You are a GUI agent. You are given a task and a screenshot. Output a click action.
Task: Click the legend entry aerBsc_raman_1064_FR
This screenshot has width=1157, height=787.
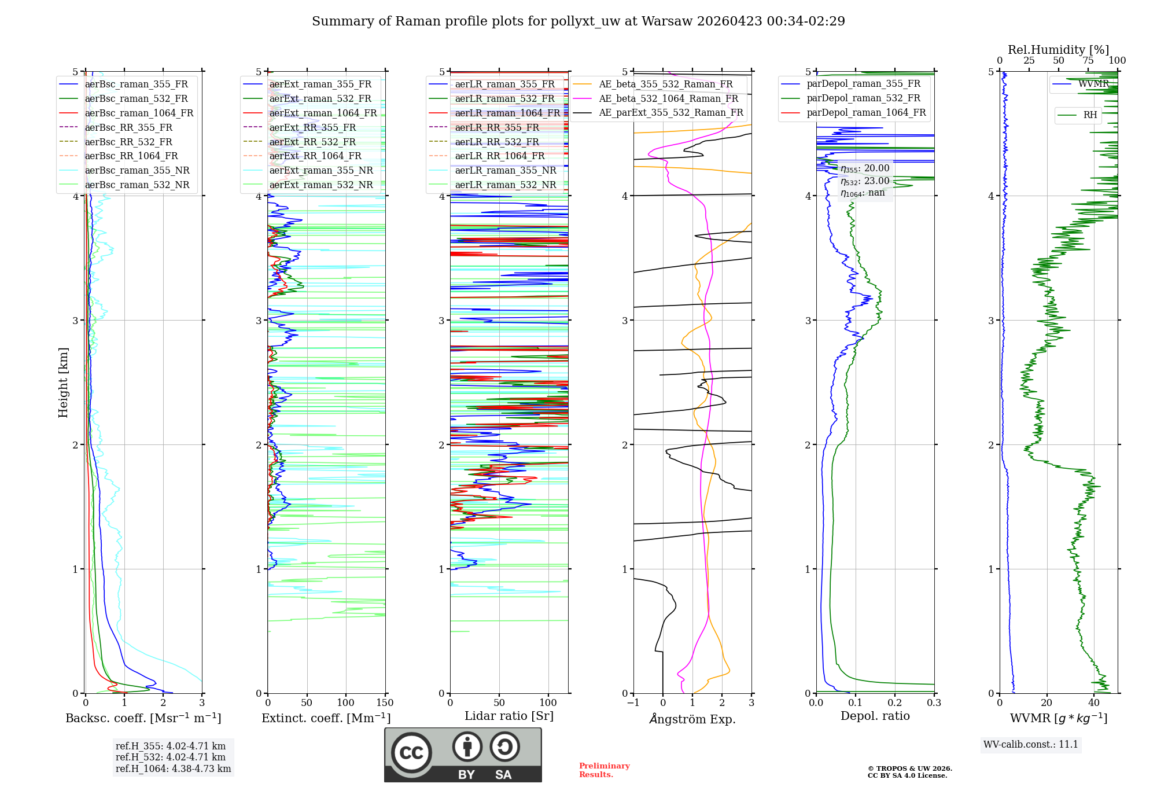139,113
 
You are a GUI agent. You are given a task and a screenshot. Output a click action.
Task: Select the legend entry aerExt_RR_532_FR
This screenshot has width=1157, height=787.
312,142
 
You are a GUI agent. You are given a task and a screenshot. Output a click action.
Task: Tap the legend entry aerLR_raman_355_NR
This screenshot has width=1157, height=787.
505,170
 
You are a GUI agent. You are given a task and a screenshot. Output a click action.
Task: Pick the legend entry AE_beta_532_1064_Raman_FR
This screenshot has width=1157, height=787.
668,98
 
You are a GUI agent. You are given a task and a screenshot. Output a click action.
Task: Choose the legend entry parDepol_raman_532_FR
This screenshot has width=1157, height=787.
863,98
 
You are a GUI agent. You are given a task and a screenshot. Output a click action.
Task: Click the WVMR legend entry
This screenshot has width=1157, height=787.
1093,84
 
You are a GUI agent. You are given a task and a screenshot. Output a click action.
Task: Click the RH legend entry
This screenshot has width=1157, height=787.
1090,115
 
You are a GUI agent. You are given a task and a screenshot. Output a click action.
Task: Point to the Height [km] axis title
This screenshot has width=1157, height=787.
63,383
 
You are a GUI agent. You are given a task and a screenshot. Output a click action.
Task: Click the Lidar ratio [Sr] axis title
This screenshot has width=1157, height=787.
509,716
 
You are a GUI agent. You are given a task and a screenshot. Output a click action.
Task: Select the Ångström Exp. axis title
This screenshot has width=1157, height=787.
692,719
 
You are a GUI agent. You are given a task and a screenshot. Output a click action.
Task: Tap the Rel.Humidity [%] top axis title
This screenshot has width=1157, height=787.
1058,50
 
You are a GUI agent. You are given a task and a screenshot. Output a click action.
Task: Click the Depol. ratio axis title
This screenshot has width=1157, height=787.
875,716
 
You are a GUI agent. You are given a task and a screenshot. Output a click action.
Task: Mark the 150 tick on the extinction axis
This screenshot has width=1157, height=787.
385,703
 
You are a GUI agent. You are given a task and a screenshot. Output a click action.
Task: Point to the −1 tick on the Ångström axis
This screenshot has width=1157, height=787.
633,703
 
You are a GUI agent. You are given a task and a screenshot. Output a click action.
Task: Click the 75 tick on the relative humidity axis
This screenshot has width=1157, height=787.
1088,61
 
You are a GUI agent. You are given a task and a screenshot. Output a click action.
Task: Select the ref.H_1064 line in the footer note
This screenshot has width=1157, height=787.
173,768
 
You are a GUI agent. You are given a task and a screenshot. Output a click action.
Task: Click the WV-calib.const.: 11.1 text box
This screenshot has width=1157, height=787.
1031,744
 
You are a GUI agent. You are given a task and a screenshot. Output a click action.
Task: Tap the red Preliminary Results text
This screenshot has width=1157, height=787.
604,770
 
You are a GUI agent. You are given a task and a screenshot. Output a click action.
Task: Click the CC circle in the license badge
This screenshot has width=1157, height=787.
411,753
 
